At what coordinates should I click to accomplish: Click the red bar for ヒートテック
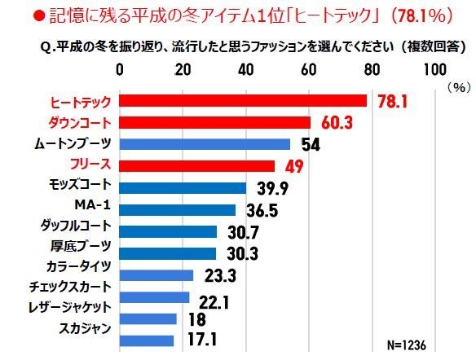[243, 100]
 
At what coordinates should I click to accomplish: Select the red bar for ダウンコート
[215, 122]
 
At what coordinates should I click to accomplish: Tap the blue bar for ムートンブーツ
[205, 144]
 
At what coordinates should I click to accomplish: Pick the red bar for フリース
[197, 166]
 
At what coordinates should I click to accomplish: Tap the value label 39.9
[273, 189]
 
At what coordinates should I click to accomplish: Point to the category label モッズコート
[80, 187]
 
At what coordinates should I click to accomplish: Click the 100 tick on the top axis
[434, 68]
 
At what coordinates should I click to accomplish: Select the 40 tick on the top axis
[246, 68]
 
